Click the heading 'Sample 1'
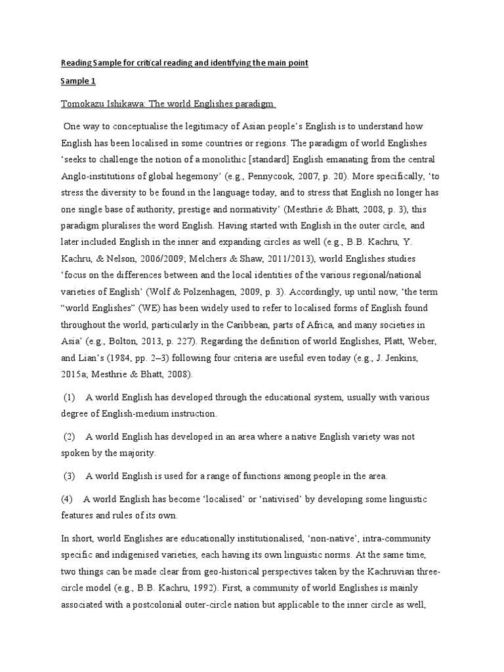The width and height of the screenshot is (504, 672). coord(77,83)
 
